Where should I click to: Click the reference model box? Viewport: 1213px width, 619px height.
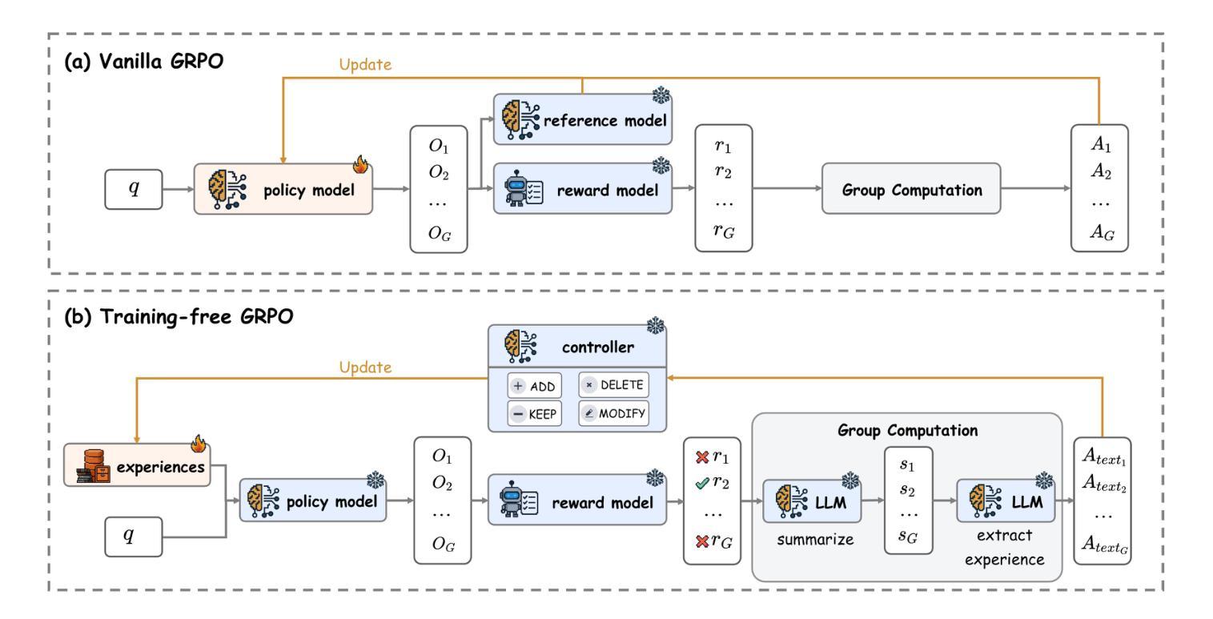point(582,119)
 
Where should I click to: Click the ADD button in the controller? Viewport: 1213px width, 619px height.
point(535,385)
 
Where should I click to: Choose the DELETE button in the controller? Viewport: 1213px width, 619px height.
point(613,384)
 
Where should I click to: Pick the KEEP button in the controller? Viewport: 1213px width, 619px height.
point(535,413)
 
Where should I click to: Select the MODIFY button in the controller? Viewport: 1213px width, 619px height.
point(613,413)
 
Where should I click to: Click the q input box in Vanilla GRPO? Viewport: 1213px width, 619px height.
point(134,190)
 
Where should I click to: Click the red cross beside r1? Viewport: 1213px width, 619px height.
point(702,457)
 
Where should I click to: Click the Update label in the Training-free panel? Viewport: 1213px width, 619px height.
point(365,367)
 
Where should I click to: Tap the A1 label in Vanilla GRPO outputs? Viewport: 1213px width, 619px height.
point(1101,147)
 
